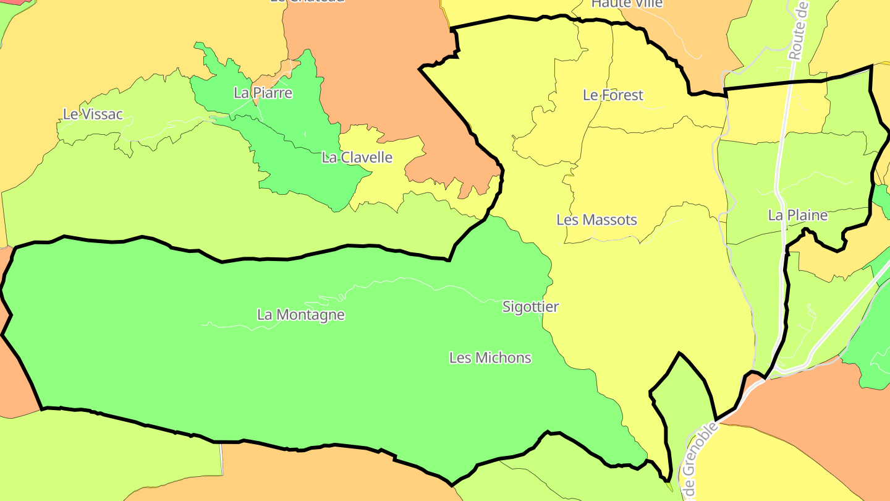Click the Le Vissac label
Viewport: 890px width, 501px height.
[x=93, y=114]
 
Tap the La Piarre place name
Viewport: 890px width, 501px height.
[x=263, y=93]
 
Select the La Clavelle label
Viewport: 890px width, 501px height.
[x=357, y=158]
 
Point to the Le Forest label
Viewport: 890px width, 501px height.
[x=612, y=95]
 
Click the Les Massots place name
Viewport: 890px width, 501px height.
[x=596, y=220]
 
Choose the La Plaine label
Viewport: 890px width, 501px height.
[x=797, y=215]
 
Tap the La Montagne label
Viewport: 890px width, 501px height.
[x=300, y=315]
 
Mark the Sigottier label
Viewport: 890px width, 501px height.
[x=530, y=307]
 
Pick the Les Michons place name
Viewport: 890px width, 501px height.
[x=489, y=358]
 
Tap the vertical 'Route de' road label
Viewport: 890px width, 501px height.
[x=799, y=31]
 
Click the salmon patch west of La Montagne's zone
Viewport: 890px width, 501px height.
[x=15, y=383]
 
